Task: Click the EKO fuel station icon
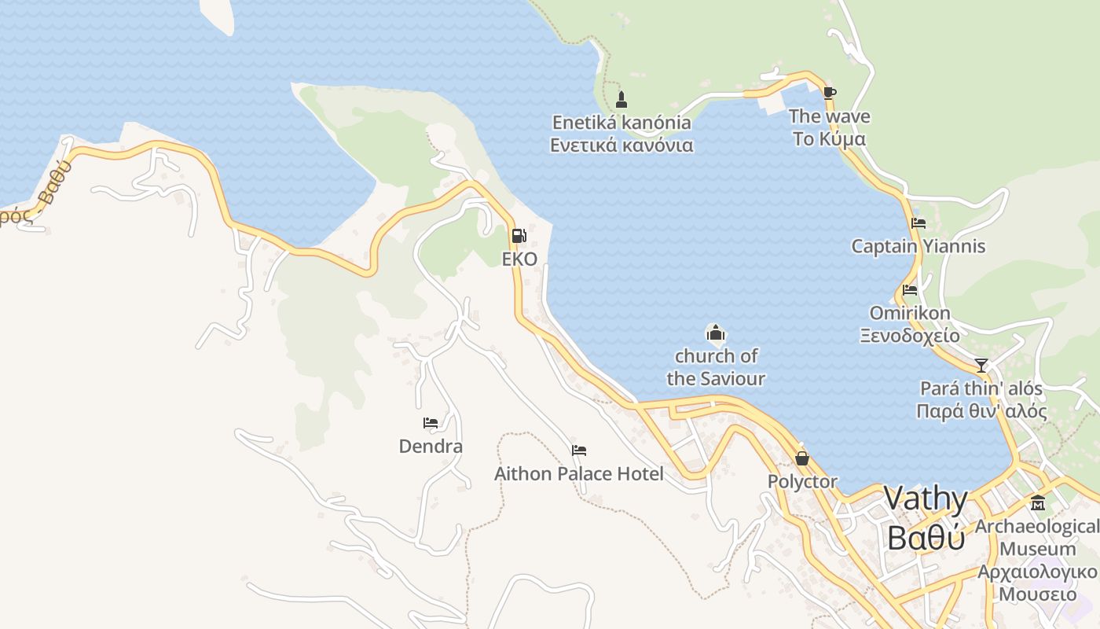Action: (519, 236)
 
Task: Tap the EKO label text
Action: (519, 259)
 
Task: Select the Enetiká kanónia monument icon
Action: (621, 100)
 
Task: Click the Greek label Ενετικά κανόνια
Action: (621, 145)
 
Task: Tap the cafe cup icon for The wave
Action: (829, 93)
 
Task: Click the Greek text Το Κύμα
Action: (829, 139)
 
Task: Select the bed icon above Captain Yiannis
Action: (918, 223)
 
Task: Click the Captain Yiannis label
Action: (918, 246)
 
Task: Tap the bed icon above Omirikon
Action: (910, 289)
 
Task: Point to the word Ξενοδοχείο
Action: (910, 336)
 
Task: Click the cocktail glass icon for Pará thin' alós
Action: (981, 366)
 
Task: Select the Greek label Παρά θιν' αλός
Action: (981, 411)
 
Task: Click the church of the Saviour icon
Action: (715, 333)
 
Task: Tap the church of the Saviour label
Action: (715, 367)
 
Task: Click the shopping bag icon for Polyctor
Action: (802, 458)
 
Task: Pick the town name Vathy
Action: (926, 498)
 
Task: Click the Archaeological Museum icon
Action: (1038, 503)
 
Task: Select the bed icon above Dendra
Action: (430, 423)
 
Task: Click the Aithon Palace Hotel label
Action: (578, 474)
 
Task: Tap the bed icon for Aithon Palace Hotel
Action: (579, 451)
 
